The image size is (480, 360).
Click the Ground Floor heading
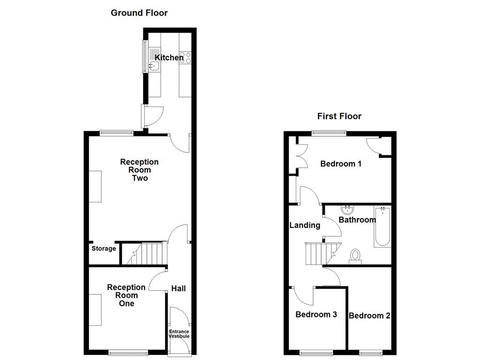pyautogui.click(x=139, y=13)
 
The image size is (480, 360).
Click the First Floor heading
pyautogui.click(x=339, y=116)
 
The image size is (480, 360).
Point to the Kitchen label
pyautogui.click(x=169, y=58)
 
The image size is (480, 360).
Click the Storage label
pyautogui.click(x=104, y=248)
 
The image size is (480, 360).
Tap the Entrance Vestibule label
pyautogui.click(x=179, y=334)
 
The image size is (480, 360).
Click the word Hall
pyautogui.click(x=178, y=288)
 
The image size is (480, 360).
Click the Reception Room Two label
pyautogui.click(x=139, y=170)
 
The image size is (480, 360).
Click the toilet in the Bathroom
pyautogui.click(x=355, y=256)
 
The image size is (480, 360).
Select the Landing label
pyautogui.click(x=305, y=225)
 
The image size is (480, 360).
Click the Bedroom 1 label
pyautogui.click(x=341, y=164)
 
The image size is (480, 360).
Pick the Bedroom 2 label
pyautogui.click(x=369, y=316)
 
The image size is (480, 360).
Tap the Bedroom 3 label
pyautogui.click(x=316, y=315)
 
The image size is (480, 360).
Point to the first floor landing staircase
pyautogui.click(x=321, y=253)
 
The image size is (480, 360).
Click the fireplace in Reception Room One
pyautogui.click(x=96, y=310)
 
